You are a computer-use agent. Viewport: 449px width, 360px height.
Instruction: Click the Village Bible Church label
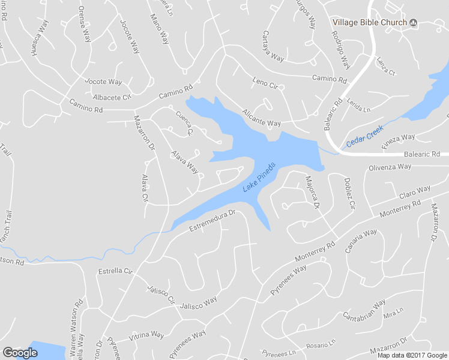(370, 22)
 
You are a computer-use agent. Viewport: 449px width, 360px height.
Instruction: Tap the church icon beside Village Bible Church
(413, 22)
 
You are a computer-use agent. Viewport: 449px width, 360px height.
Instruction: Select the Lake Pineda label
(259, 178)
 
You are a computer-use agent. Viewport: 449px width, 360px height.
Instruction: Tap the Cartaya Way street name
(273, 47)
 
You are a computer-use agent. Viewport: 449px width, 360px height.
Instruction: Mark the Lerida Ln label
(359, 106)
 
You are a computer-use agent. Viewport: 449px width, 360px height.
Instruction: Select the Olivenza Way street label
(390, 167)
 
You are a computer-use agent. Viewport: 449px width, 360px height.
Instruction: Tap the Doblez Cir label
(349, 193)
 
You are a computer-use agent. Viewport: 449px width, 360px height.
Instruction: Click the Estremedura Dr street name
(211, 220)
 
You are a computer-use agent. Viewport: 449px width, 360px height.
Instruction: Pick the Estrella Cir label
(115, 271)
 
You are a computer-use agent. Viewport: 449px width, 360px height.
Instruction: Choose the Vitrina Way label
(146, 335)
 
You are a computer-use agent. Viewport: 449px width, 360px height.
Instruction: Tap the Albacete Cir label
(112, 97)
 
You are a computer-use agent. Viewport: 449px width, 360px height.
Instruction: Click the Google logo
(20, 353)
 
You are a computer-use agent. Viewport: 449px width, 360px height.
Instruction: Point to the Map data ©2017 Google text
(412, 355)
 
